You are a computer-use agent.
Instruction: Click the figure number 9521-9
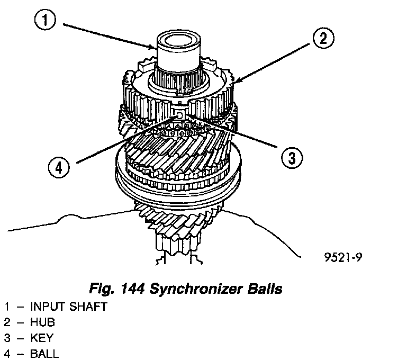344,258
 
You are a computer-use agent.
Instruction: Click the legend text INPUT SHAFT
69,307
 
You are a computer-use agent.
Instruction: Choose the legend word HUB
43,322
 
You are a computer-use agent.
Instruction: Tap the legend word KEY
42,338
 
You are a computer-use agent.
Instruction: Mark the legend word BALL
44,353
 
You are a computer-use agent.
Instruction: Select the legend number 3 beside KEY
7,338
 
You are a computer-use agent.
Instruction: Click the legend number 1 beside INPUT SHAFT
7,307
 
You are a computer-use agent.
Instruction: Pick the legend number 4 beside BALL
7,353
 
